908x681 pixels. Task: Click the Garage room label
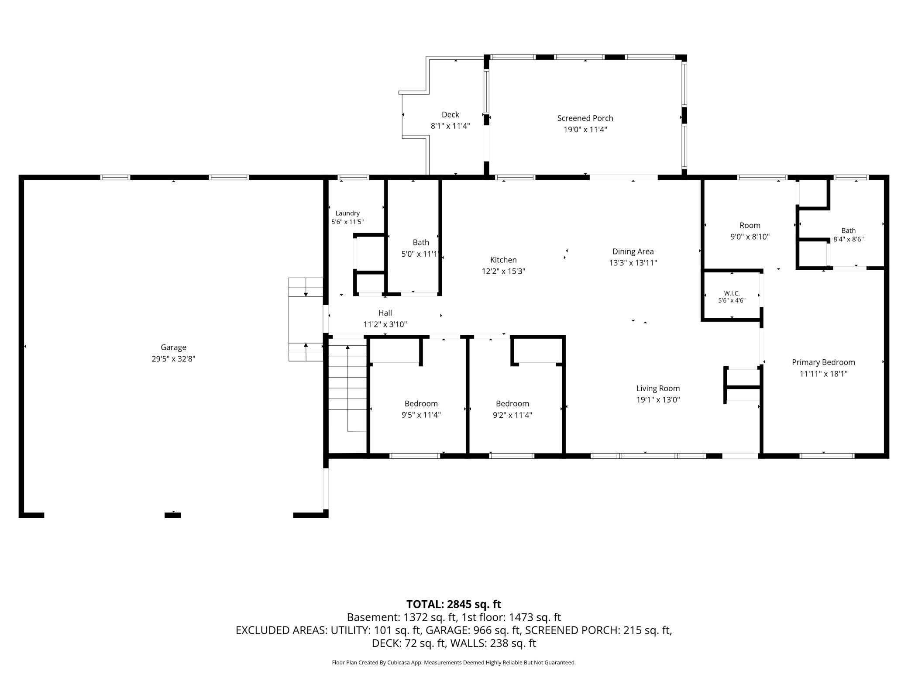(x=173, y=347)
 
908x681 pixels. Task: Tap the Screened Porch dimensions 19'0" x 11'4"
(x=585, y=130)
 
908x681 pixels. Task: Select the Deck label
(x=450, y=115)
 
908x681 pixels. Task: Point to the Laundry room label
(x=347, y=213)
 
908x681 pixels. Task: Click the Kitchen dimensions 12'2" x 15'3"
(x=503, y=271)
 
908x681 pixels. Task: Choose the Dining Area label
(x=633, y=251)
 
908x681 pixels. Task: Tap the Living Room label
(x=658, y=389)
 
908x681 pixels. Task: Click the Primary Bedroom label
(x=823, y=362)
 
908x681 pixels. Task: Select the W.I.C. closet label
(x=732, y=293)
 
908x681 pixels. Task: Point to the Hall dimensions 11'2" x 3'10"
(x=385, y=324)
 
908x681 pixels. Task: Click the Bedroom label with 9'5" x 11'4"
(x=421, y=404)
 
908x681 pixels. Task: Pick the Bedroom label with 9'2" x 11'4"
(x=512, y=404)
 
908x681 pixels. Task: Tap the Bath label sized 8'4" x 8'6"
(x=848, y=230)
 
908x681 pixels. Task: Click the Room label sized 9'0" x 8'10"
(x=750, y=226)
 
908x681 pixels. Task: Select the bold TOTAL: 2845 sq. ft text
(x=454, y=604)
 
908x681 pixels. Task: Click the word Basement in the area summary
(x=373, y=617)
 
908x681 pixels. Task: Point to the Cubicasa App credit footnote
(x=454, y=662)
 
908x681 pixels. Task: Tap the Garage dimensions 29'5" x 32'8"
(x=173, y=359)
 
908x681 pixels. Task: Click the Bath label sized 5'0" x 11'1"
(x=421, y=243)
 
